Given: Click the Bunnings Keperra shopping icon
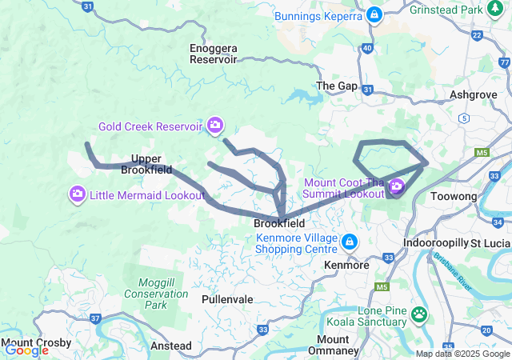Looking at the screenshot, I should click(x=374, y=15).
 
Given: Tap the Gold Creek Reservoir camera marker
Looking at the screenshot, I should click(x=214, y=125).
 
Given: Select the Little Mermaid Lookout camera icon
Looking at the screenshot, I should click(x=78, y=194).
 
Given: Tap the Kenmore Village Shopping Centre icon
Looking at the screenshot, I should click(x=349, y=242).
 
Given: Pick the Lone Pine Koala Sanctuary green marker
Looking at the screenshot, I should click(x=420, y=314).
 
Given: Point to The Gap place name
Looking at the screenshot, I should click(x=336, y=86).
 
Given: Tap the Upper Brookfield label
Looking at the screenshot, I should click(x=146, y=164).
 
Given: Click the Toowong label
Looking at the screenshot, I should click(x=453, y=197).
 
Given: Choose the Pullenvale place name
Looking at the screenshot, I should click(x=227, y=299).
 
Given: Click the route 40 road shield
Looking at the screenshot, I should click(x=367, y=49).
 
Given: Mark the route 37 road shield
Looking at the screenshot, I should click(x=96, y=318).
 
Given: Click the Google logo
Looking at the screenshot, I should click(x=26, y=350).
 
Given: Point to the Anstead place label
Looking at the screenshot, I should click(x=171, y=346).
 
